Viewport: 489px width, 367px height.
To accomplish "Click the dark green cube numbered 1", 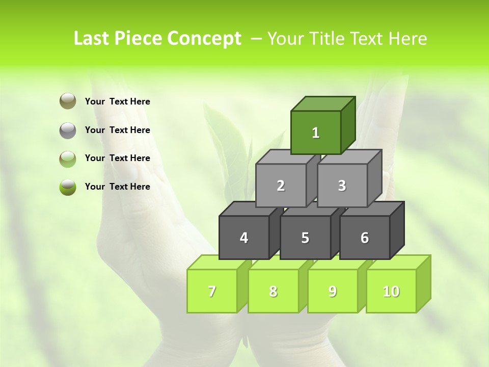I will click(316, 133).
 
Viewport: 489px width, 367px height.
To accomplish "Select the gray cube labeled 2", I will click(281, 186).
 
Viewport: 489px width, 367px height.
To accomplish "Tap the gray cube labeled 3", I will click(342, 186).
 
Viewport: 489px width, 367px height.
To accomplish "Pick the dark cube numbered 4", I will click(244, 238).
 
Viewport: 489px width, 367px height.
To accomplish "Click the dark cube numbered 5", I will click(305, 238).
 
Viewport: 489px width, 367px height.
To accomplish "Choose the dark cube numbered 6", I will click(365, 238).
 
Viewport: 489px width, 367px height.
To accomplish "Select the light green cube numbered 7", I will click(212, 291).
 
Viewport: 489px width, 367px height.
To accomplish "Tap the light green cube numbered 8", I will click(273, 291).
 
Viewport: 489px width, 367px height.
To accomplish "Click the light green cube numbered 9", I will click(333, 291).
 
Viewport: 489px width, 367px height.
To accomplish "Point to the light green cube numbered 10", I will click(391, 291).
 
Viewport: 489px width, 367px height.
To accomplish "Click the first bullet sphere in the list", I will click(68, 101).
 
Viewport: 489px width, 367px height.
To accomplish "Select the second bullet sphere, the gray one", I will click(68, 130).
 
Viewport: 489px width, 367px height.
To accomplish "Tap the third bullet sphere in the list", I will click(68, 159).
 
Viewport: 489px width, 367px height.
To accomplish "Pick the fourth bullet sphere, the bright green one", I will click(68, 187).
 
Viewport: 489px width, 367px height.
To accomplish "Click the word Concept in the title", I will click(205, 39).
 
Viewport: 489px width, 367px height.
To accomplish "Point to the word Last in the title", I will click(92, 39).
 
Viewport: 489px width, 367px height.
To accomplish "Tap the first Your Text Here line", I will click(118, 101).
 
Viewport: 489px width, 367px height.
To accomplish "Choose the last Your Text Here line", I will click(118, 187).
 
